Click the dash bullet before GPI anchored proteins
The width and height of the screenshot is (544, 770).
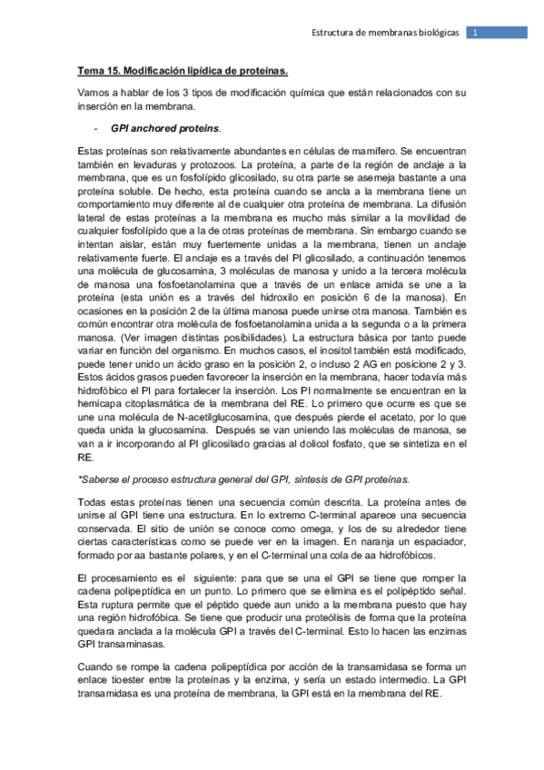(x=96, y=126)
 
